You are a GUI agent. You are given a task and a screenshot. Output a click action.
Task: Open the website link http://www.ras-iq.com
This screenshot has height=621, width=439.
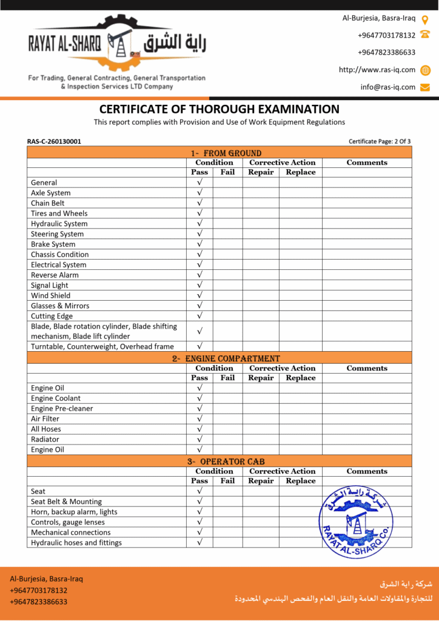click(377, 70)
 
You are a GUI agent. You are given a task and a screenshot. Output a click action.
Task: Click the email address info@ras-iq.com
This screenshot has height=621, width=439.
click(388, 87)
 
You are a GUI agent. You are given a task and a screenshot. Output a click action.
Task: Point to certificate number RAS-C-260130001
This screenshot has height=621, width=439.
click(54, 141)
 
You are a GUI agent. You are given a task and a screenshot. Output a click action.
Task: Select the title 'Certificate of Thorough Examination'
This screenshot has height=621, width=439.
click(219, 109)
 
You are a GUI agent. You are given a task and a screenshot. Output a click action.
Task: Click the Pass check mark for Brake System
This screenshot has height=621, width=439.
click(199, 244)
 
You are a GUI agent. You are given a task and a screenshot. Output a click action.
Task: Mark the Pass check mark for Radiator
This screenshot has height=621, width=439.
click(199, 439)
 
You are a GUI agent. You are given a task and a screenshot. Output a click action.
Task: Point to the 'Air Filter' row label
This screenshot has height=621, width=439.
click(45, 418)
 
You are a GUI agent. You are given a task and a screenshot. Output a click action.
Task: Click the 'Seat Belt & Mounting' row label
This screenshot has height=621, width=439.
click(66, 502)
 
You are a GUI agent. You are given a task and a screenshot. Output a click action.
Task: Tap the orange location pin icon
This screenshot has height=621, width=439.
click(425, 19)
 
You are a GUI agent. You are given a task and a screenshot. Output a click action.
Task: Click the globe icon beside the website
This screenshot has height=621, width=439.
click(425, 70)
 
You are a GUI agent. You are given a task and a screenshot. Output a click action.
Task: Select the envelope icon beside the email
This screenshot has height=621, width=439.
click(425, 87)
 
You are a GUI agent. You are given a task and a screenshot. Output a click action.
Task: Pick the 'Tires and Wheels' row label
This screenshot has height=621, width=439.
click(59, 213)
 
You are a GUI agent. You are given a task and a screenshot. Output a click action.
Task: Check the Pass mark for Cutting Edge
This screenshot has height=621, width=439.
click(199, 316)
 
